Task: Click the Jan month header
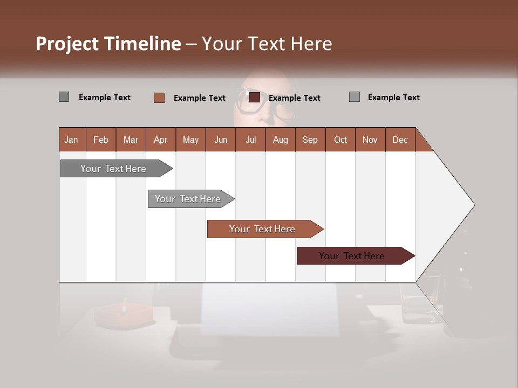[71, 140]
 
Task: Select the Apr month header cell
[160, 140]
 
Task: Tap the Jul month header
[250, 140]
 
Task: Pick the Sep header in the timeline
[310, 140]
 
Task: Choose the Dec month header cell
[400, 140]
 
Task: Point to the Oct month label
[340, 140]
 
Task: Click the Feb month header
[101, 140]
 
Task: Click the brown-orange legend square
[159, 98]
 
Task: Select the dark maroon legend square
[255, 98]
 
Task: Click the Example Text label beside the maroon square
[294, 98]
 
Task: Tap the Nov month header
[370, 140]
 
